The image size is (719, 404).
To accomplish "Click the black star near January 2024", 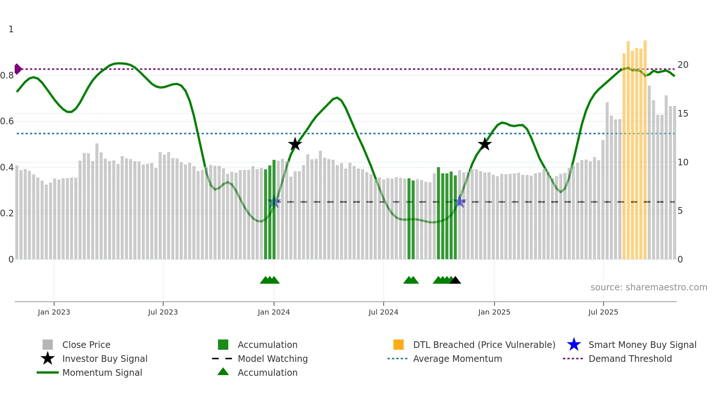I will (295, 144).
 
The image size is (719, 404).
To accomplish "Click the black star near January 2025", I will (485, 144).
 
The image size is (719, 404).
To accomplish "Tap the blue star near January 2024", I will (274, 202).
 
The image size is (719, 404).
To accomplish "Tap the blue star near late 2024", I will (460, 202).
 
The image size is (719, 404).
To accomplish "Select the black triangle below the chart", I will (455, 280).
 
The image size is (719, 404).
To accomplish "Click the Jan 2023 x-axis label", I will (54, 312).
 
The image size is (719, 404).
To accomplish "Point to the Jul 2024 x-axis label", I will (383, 312).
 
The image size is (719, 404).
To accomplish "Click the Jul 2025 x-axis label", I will (603, 312).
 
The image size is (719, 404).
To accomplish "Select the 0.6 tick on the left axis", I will (7, 121).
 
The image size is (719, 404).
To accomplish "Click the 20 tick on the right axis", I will (683, 65).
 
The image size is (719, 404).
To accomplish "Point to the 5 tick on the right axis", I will (680, 211).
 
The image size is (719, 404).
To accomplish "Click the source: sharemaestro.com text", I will (649, 287).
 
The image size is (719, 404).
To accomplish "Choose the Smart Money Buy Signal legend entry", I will (642, 345).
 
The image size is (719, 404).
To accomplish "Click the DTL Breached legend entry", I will (484, 345).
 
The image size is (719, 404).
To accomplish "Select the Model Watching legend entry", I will (272, 359).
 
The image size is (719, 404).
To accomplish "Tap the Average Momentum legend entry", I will (457, 359).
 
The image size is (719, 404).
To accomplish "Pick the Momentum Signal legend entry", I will (102, 372).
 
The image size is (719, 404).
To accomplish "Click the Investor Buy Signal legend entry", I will (105, 359).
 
